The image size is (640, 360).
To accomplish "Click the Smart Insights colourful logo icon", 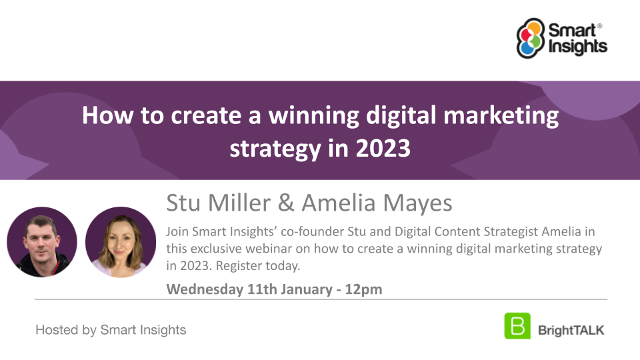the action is coord(531,38).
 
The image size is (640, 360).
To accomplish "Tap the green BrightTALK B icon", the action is coord(517,326).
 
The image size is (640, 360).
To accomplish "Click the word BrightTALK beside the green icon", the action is coord(571,330).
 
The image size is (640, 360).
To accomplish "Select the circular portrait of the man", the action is coord(42,242).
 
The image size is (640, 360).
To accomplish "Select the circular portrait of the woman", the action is coord(121,242).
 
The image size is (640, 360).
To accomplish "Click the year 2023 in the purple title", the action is coord(383,148).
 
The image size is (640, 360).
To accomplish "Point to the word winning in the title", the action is coord(313,116).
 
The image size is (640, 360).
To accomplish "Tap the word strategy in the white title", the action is coord(275,149).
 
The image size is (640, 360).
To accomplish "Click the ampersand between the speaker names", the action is coord(286,203).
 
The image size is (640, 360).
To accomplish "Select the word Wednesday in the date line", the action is coord(205,289).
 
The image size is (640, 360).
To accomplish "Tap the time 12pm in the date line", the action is coord(364,289).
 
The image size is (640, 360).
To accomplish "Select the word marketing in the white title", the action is coord(501,116).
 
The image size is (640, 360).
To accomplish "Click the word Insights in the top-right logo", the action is coord(577,47).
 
